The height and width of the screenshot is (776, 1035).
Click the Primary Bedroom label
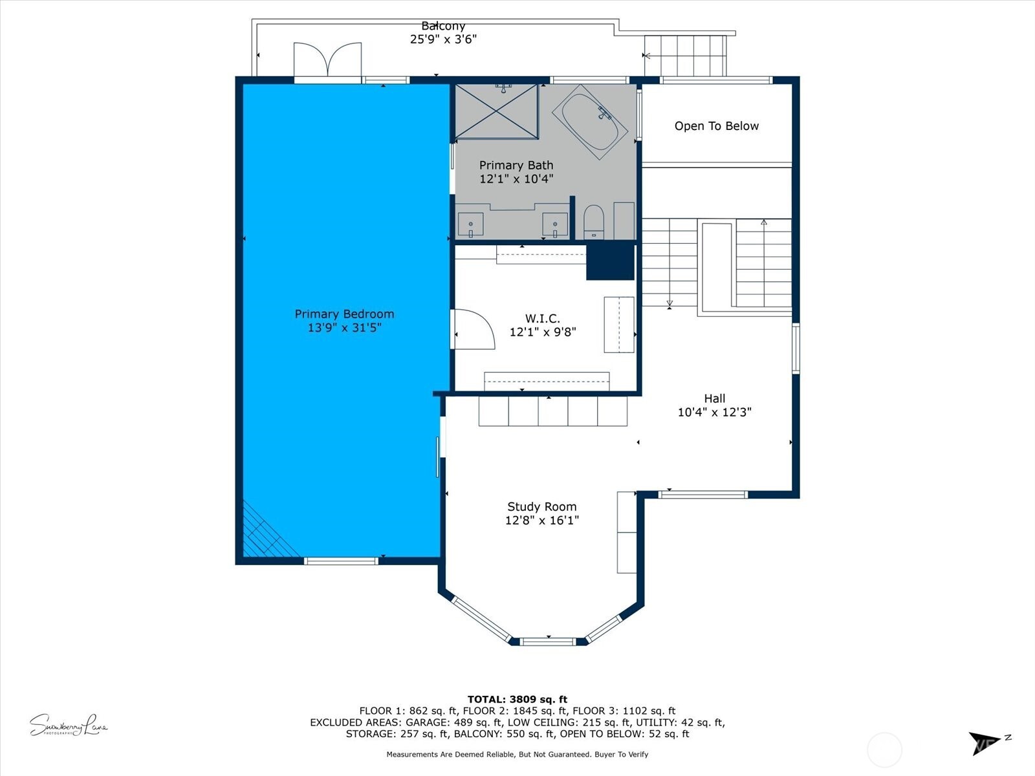344,314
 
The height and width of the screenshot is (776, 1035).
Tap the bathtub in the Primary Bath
589,122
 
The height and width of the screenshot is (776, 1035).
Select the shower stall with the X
496,111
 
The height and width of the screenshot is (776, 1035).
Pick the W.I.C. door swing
473,330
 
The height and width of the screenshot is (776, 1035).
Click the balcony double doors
327,61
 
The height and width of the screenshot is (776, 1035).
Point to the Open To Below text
716,126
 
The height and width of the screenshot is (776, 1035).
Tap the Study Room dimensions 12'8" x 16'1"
541,521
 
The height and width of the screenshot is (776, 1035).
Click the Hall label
714,398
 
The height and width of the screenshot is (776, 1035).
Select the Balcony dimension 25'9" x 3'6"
443,39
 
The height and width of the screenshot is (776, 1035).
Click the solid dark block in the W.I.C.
610,261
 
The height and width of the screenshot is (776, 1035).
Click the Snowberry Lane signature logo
68,726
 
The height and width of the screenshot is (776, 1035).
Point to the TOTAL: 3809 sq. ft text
517,699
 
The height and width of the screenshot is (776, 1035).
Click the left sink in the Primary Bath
470,224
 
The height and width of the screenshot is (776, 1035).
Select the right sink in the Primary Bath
554,224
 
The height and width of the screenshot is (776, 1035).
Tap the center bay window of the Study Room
548,641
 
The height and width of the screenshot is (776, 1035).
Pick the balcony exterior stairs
686,56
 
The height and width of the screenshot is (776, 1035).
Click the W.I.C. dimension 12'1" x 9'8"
542,332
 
